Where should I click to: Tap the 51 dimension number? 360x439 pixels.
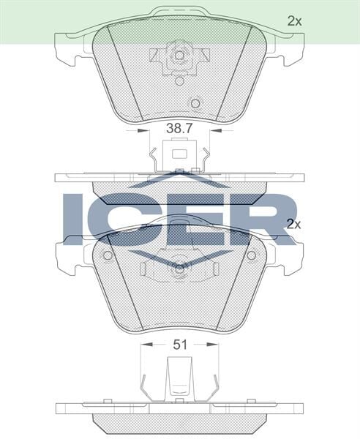pos(179,345)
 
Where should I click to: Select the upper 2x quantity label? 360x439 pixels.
pos(294,21)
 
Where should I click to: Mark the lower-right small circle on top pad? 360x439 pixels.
pos(195,102)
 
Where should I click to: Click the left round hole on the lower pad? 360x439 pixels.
pos(108,256)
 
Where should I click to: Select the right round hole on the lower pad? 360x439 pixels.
pos(251,256)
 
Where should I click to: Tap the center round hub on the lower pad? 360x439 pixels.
pos(178,270)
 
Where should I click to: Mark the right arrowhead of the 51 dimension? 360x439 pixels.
pos(217,345)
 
